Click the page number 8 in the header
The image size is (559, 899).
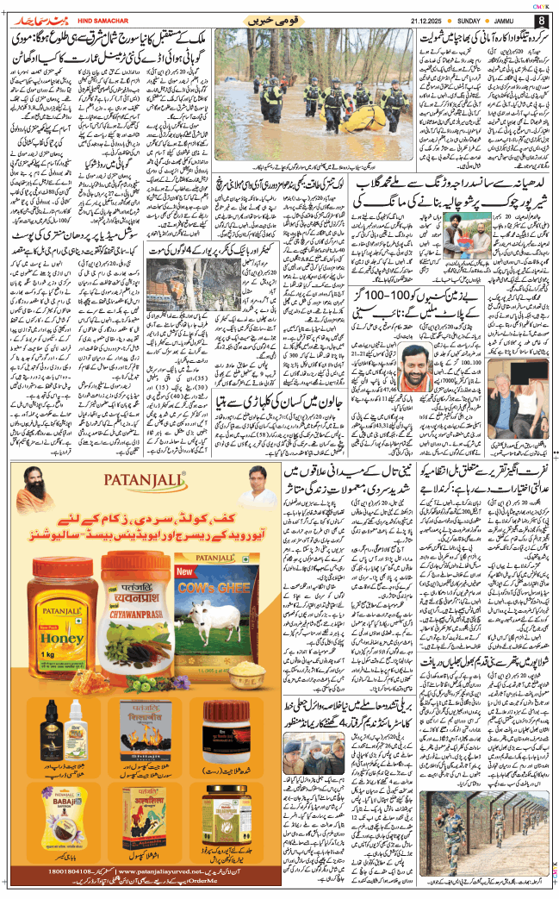(541, 19)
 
